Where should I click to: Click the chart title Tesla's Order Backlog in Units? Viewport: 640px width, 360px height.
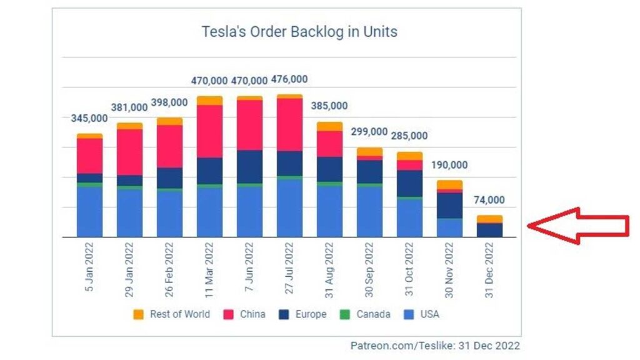click(299, 31)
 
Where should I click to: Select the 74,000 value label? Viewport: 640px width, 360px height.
click(489, 201)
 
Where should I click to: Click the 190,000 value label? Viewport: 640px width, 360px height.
click(449, 166)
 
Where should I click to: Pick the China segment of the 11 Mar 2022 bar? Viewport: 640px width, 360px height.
click(209, 131)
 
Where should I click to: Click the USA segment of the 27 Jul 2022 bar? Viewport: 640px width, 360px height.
click(289, 207)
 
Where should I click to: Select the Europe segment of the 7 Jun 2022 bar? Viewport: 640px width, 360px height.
click(249, 166)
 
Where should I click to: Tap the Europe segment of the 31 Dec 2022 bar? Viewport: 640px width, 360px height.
click(489, 229)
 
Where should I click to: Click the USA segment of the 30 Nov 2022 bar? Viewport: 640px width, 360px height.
click(449, 227)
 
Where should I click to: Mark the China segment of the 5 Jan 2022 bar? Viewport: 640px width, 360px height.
click(89, 156)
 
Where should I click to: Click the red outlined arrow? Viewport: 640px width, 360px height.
click(578, 227)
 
